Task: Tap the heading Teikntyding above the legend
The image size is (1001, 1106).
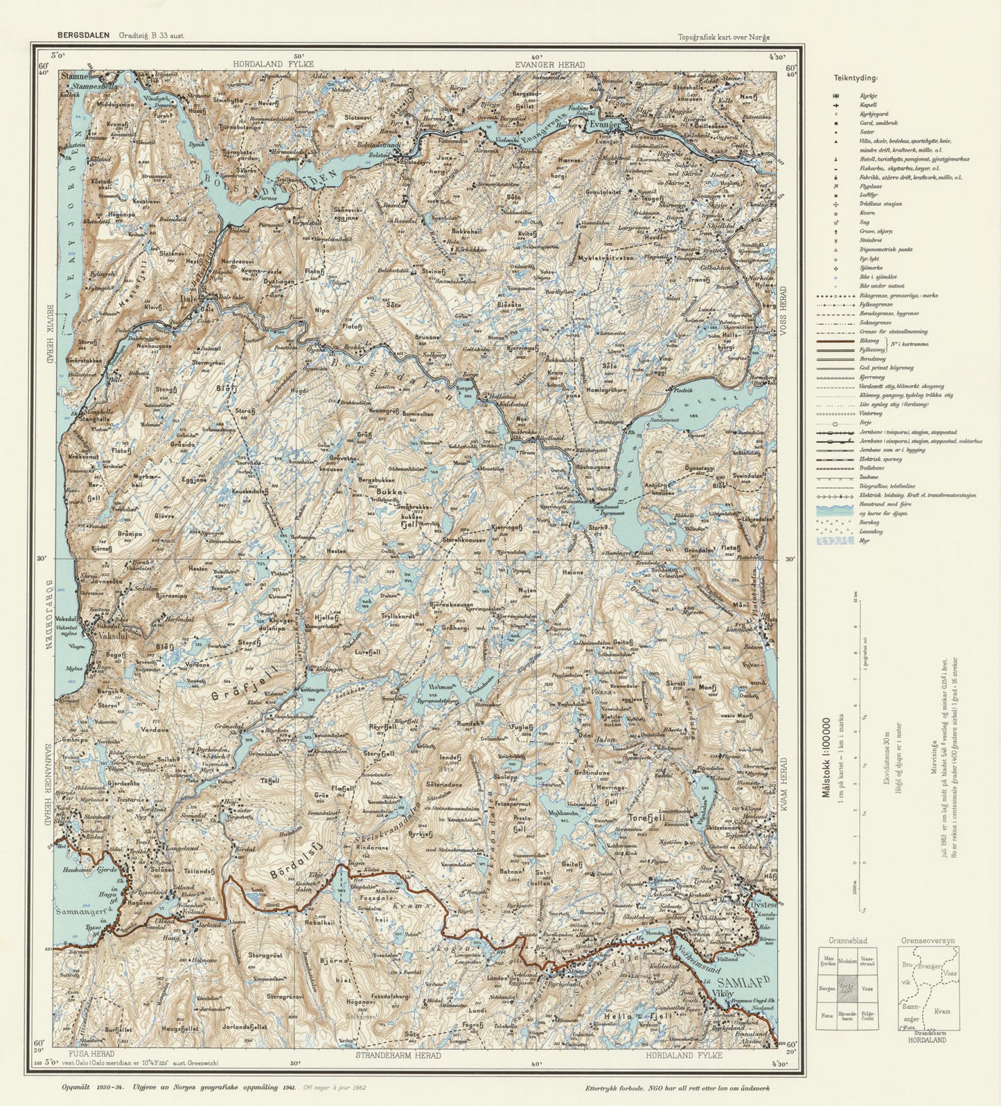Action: (x=856, y=79)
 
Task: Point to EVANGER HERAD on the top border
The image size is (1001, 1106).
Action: (x=549, y=64)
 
